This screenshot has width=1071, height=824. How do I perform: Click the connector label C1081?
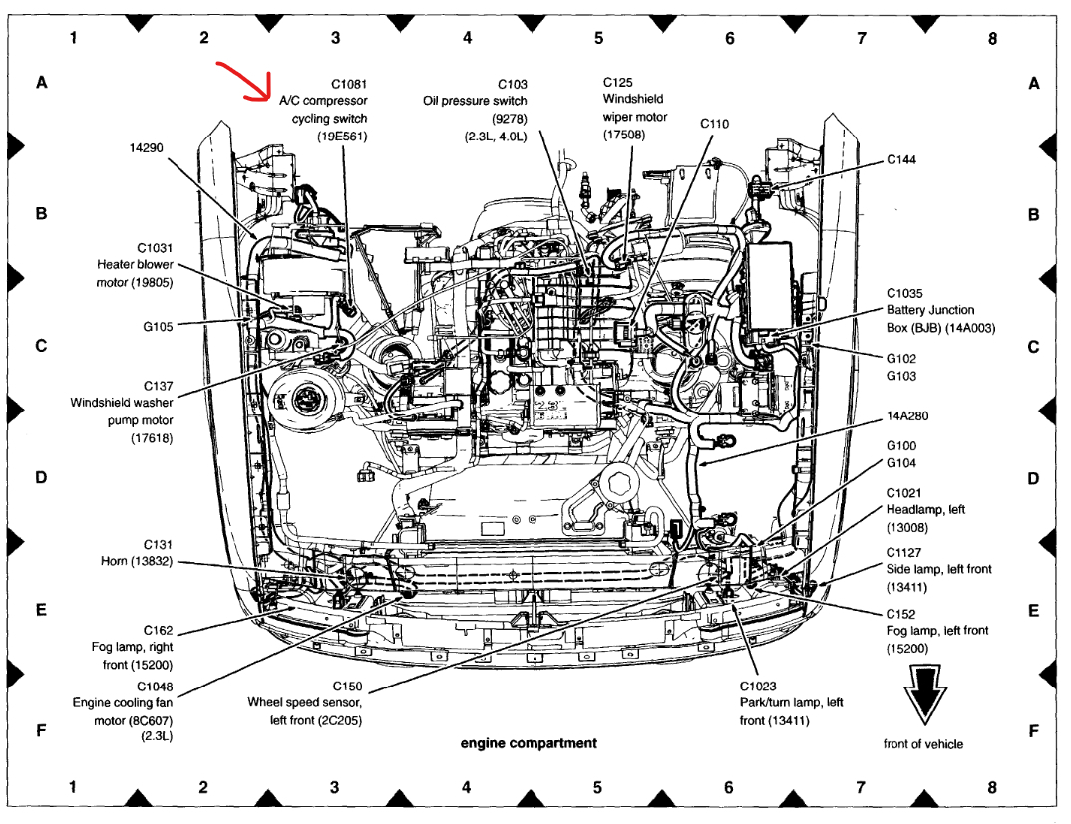point(349,84)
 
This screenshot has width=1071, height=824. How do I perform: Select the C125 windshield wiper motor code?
point(618,81)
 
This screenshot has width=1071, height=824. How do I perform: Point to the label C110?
point(714,124)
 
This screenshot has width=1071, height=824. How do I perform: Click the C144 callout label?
point(902,159)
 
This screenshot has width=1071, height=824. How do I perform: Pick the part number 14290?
point(146,147)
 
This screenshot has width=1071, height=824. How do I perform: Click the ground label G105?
point(159,326)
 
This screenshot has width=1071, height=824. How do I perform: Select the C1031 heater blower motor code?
point(155,247)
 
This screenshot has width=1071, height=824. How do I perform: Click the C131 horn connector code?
point(158,545)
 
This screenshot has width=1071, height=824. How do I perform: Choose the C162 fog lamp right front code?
point(158,630)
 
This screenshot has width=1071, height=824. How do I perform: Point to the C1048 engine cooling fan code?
point(155,687)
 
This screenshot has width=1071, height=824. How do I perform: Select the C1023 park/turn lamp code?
point(758,686)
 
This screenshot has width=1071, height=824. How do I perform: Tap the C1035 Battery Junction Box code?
point(906,293)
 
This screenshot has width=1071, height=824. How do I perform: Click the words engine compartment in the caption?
point(529,743)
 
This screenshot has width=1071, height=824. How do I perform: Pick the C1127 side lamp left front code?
point(903,552)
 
